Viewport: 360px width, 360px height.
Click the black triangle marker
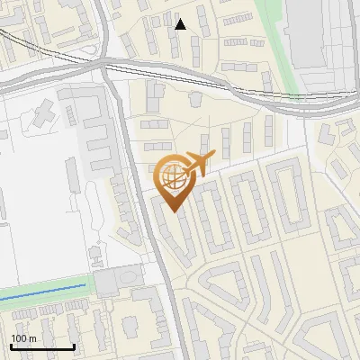[x=181, y=24]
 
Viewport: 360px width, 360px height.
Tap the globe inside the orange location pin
[x=173, y=174]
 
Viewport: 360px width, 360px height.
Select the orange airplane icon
[x=201, y=163]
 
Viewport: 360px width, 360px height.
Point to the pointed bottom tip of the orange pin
[x=173, y=211]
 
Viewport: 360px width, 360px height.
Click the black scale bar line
[x=42, y=346]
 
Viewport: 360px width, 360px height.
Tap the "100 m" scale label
[x=23, y=338]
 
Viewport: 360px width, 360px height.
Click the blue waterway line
[x=45, y=292]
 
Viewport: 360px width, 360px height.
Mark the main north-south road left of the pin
[x=135, y=180]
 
